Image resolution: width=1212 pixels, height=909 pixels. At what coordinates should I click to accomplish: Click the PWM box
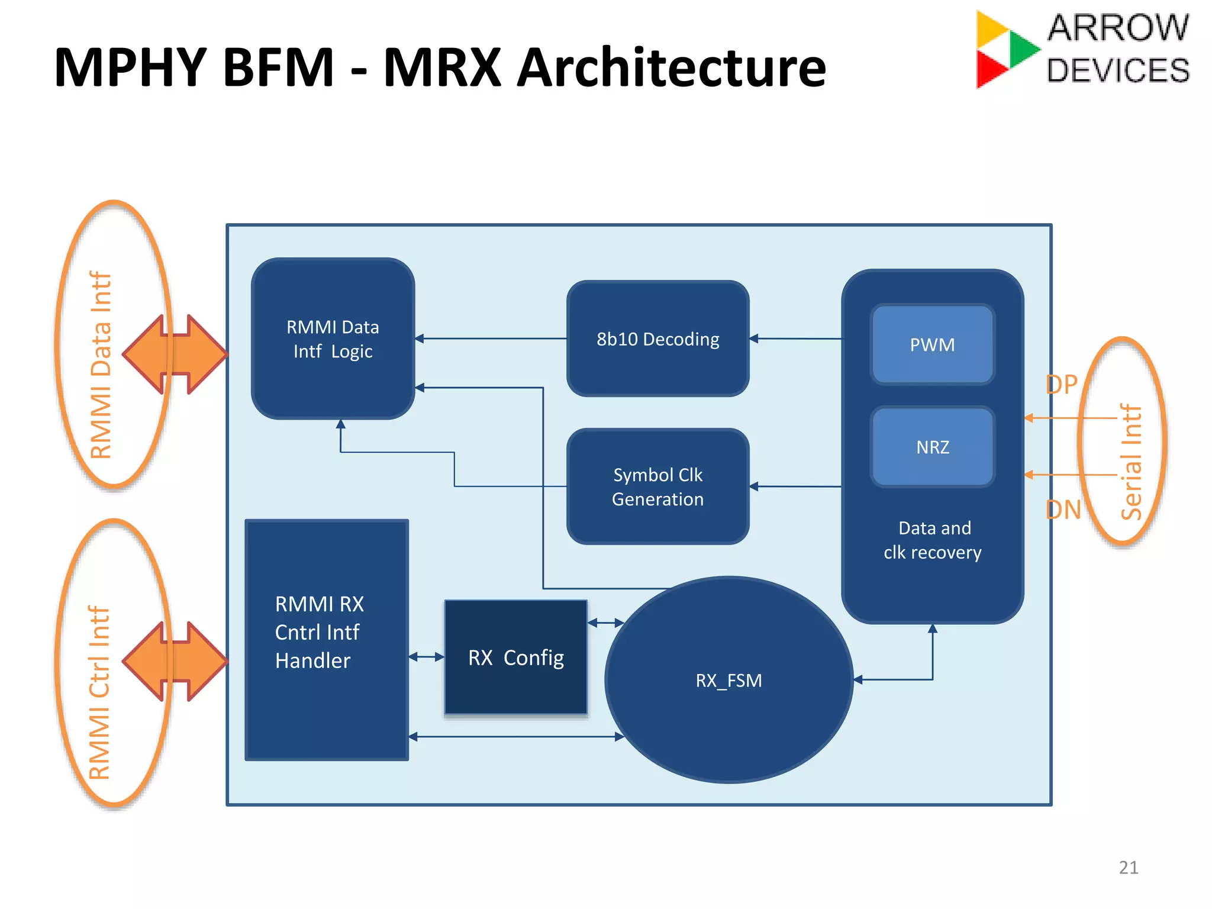click(932, 344)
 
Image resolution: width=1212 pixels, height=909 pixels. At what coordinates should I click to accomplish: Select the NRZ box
click(932, 447)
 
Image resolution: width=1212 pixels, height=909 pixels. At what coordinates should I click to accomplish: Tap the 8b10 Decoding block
click(657, 339)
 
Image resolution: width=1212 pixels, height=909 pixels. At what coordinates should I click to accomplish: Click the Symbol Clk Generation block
click(657, 486)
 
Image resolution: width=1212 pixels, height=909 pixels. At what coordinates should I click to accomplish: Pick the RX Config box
click(515, 657)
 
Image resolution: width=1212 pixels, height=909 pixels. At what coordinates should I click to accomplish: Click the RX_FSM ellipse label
click(729, 681)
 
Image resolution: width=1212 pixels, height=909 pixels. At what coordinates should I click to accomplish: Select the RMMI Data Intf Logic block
click(333, 339)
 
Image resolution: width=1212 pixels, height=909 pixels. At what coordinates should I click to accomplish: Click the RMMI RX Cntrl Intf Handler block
click(326, 639)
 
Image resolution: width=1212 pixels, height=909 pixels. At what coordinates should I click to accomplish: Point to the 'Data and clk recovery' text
click(933, 540)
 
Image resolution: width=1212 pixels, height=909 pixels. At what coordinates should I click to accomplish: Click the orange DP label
click(1062, 385)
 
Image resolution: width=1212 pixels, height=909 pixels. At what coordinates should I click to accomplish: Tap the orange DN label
click(1063, 510)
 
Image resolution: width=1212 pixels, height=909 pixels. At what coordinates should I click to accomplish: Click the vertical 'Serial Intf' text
click(1131, 462)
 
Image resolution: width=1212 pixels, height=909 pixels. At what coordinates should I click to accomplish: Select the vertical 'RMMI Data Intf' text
click(101, 365)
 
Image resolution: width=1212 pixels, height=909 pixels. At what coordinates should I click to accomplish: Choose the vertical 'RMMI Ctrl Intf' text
click(99, 692)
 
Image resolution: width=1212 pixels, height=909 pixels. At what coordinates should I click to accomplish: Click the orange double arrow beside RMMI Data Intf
click(175, 354)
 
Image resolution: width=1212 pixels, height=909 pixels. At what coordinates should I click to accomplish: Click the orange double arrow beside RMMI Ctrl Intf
click(175, 661)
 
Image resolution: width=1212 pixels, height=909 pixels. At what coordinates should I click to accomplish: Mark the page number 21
click(1128, 868)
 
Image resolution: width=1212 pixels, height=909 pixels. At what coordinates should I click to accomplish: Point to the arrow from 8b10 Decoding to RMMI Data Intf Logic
click(491, 339)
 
